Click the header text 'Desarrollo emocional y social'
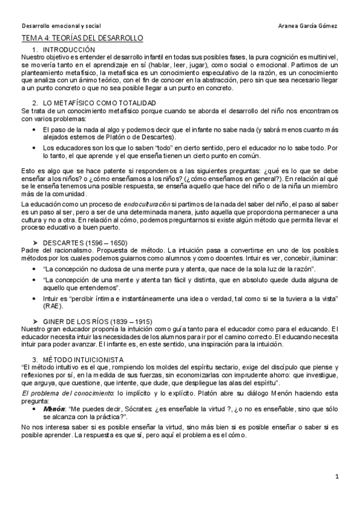pyautogui.click(x=61, y=26)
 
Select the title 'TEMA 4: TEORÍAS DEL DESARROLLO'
pyautogui.click(x=82, y=38)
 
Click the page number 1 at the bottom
pyautogui.click(x=338, y=477)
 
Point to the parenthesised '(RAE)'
pyautogui.click(x=52, y=307)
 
